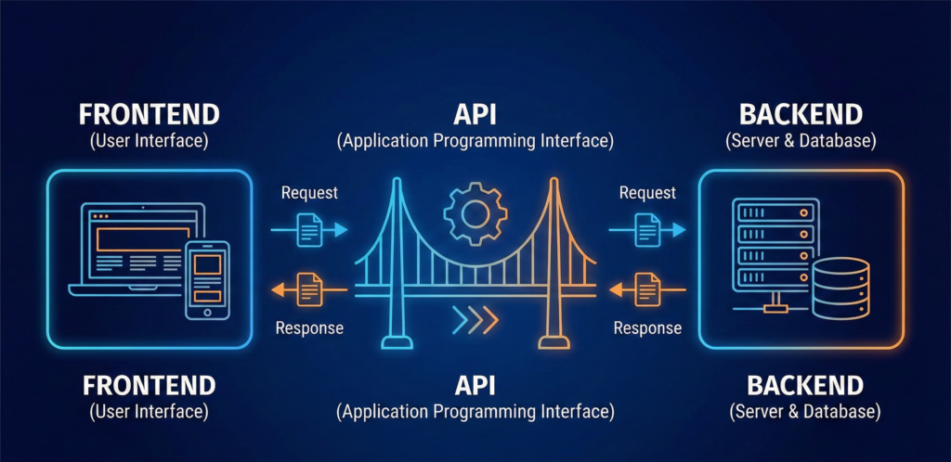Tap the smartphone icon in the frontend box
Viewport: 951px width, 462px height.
208,279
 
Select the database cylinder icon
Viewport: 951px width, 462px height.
840,288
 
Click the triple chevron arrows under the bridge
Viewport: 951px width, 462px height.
475,321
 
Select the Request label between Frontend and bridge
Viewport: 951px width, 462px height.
309,194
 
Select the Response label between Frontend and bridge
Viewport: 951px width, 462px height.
309,327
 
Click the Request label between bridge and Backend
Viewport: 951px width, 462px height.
647,194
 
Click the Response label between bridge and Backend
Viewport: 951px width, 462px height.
647,327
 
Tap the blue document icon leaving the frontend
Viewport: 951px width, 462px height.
309,228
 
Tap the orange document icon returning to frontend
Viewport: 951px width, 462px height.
309,291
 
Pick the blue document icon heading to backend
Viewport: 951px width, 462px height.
647,228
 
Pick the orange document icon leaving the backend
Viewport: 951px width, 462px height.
647,291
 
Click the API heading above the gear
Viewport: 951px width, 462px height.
475,115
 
